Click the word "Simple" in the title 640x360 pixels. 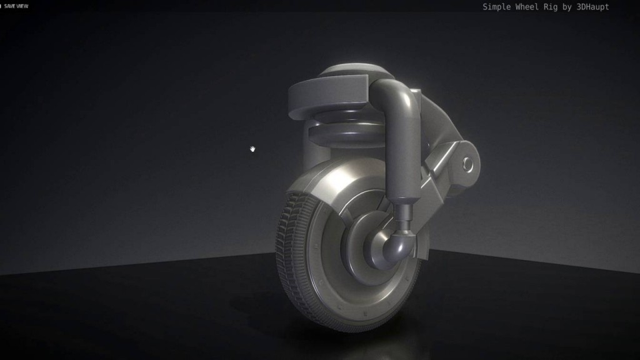496,7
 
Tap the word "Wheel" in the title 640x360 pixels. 529,7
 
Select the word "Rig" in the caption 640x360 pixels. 555,7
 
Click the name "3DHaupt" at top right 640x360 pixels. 591,7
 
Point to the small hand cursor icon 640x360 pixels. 252,149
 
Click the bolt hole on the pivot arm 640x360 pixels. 467,164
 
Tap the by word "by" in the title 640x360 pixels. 571,7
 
